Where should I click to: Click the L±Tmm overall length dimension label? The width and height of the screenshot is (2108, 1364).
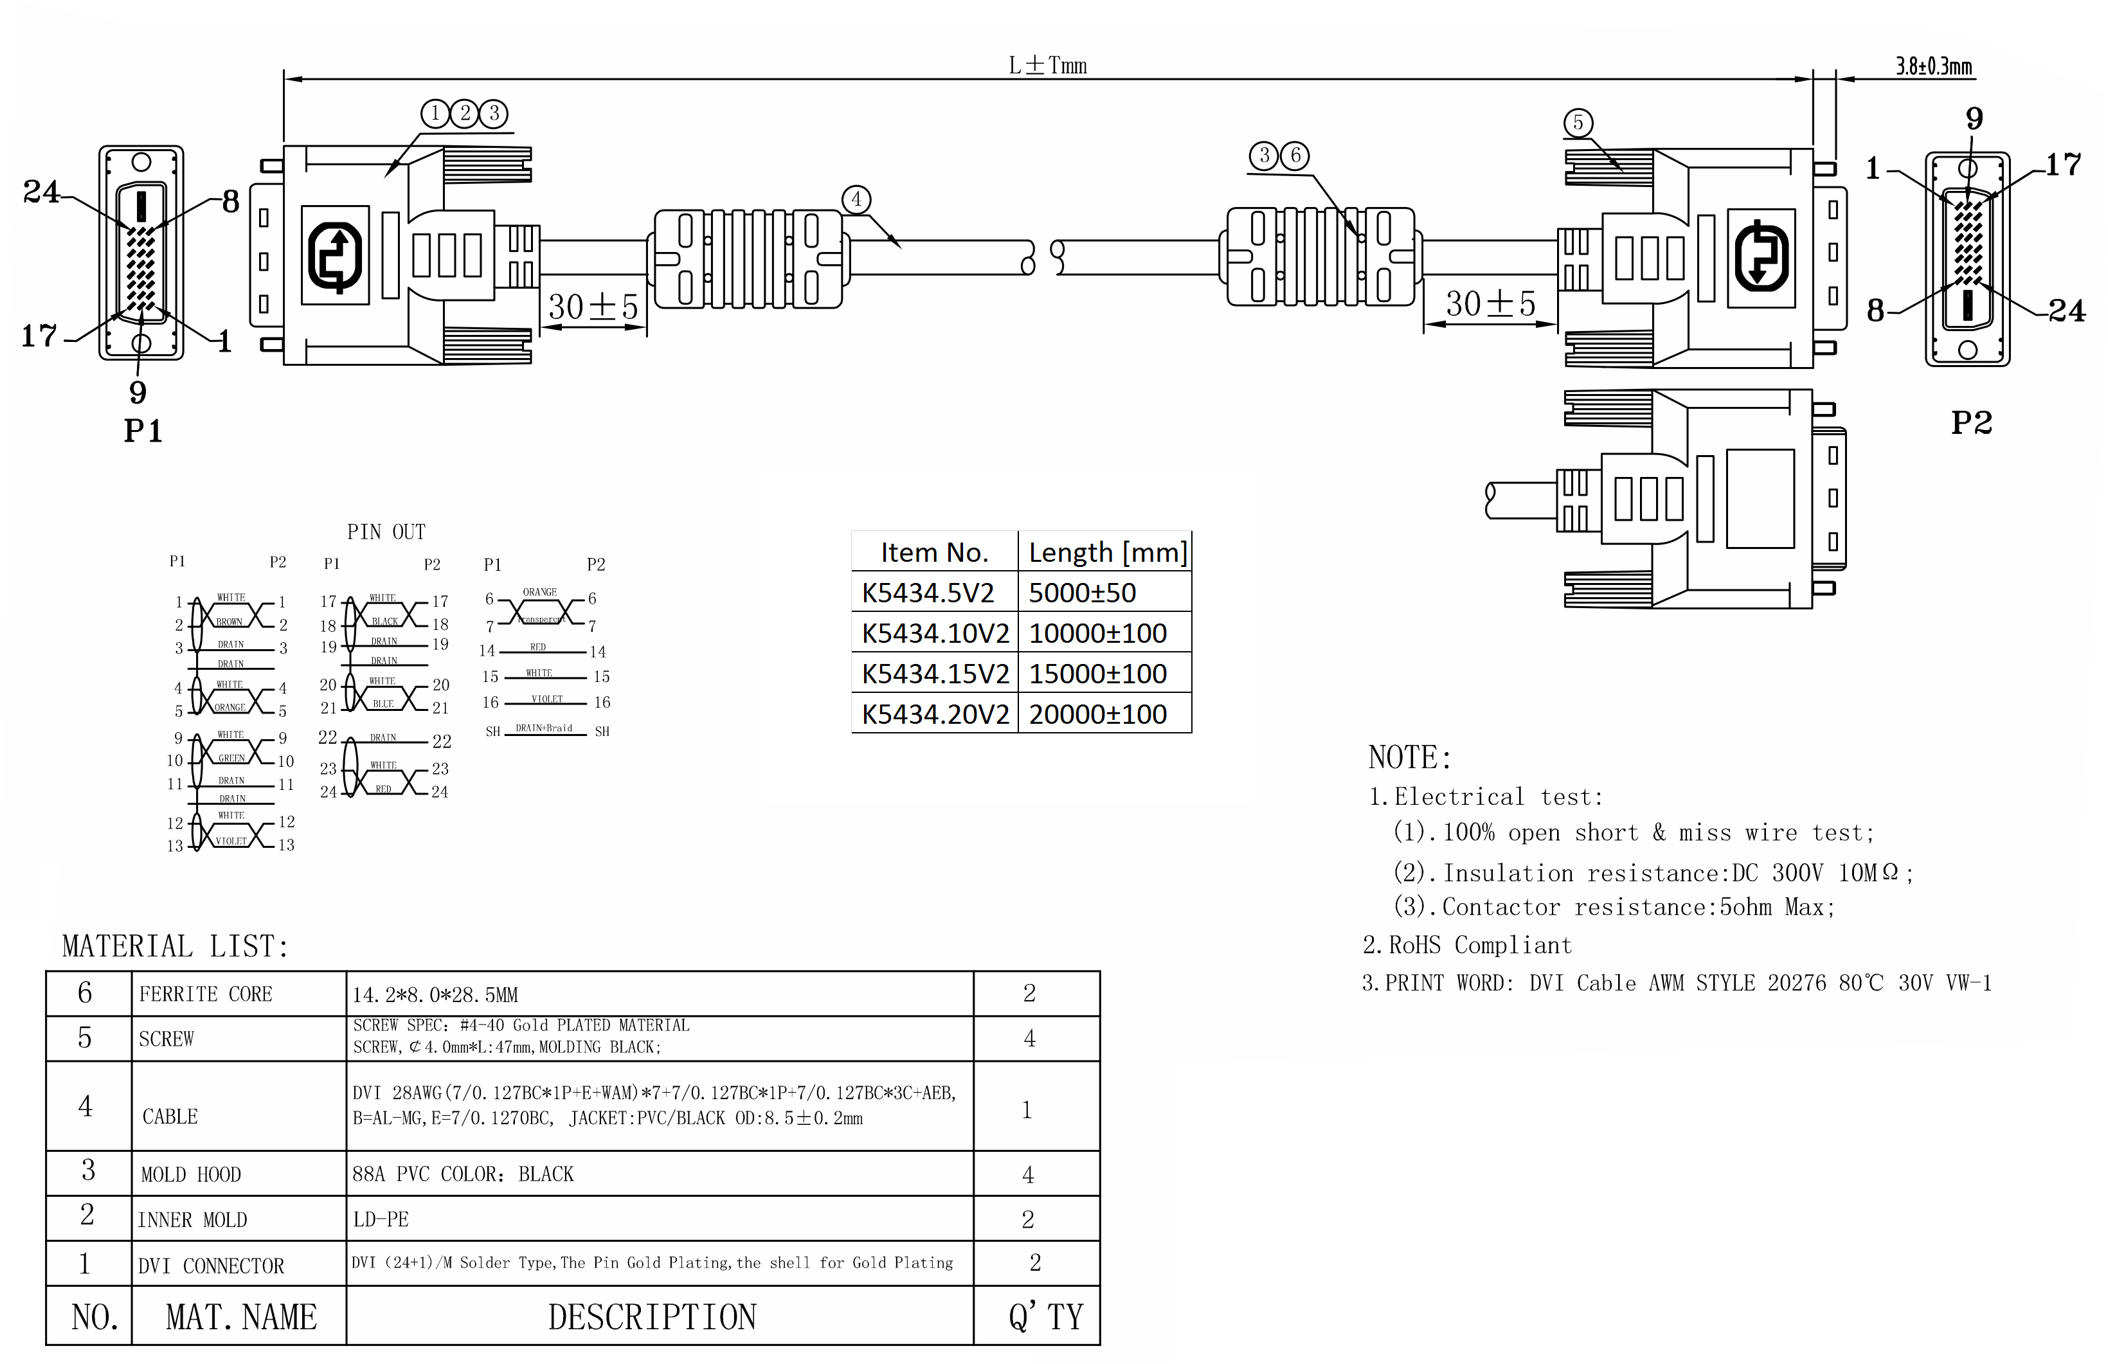(x=1048, y=66)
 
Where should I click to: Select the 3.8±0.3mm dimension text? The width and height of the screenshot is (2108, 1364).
(x=1934, y=66)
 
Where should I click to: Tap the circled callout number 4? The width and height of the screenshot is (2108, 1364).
(x=856, y=199)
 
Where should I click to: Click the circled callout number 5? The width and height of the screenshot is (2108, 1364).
(x=1578, y=123)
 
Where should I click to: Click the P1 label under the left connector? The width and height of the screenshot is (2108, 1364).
(x=143, y=431)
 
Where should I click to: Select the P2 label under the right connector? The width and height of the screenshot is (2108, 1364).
(x=1972, y=422)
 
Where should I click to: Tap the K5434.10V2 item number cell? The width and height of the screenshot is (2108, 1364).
(x=935, y=633)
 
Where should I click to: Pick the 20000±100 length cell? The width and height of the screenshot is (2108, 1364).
(x=1097, y=714)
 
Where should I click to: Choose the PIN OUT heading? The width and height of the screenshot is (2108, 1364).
(x=386, y=532)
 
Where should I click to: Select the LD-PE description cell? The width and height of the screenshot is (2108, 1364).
(x=381, y=1219)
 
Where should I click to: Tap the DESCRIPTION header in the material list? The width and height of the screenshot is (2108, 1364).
(x=652, y=1317)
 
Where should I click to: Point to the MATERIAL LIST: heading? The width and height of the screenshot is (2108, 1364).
(x=176, y=946)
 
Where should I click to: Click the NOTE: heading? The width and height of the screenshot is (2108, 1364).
(x=1409, y=757)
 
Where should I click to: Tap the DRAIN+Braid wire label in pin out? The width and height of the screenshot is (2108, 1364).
(x=544, y=728)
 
